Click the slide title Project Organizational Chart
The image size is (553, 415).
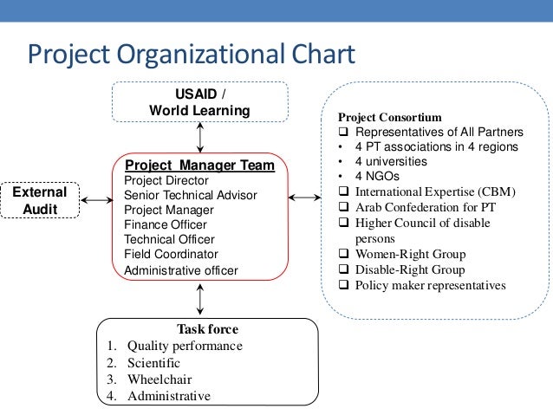pyautogui.click(x=192, y=55)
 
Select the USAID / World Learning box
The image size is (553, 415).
pyautogui.click(x=199, y=102)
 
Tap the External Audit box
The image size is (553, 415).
pyautogui.click(x=40, y=200)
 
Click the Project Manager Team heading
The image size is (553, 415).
pyautogui.click(x=200, y=165)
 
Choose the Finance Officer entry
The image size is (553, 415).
pyautogui.click(x=164, y=224)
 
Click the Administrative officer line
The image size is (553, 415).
pyautogui.click(x=181, y=269)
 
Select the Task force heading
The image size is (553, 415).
pyautogui.click(x=207, y=329)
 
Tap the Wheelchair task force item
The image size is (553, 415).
pyautogui.click(x=159, y=379)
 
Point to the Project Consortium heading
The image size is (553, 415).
pyautogui.click(x=389, y=117)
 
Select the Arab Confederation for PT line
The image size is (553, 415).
pyautogui.click(x=425, y=207)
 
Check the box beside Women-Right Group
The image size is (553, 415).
pyautogui.click(x=344, y=255)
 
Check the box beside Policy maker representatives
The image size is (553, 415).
pyautogui.click(x=344, y=285)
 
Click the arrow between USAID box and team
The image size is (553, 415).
pyautogui.click(x=201, y=137)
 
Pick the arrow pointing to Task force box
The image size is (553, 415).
pyautogui.click(x=201, y=299)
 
